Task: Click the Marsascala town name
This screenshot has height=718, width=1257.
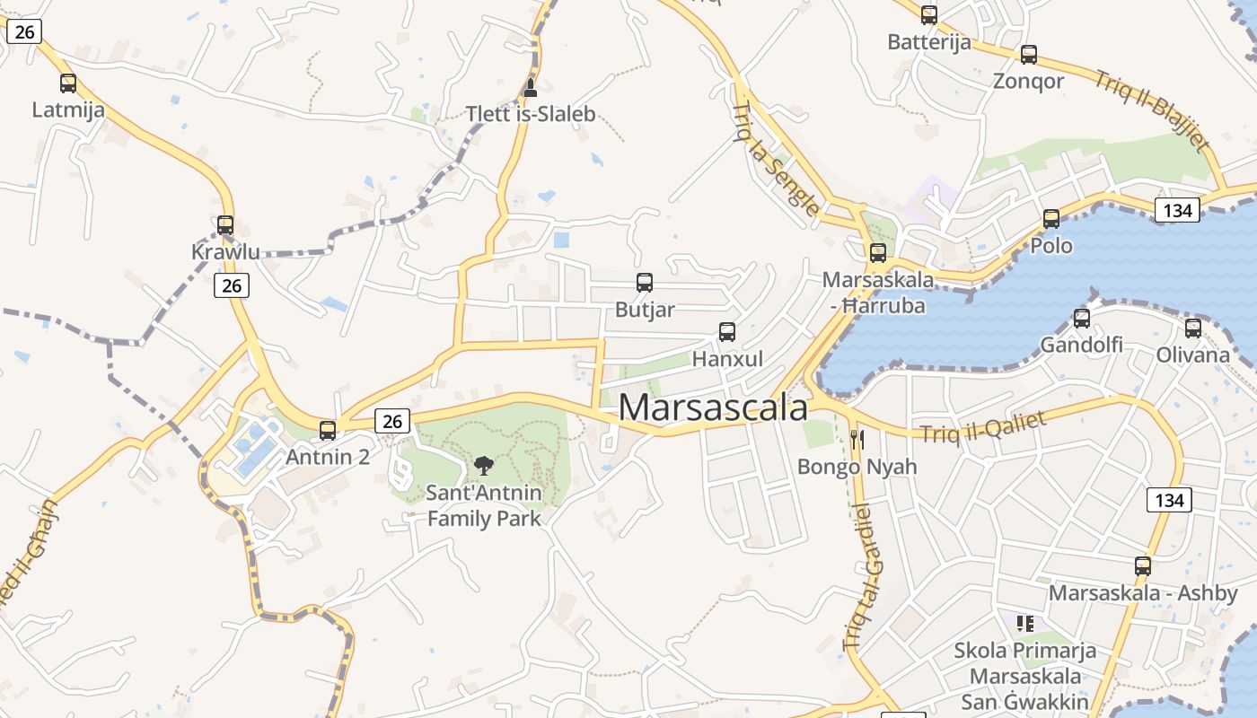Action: pyautogui.click(x=713, y=408)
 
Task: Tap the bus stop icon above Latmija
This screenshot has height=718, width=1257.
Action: pyautogui.click(x=68, y=83)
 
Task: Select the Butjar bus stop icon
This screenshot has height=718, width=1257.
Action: pyautogui.click(x=645, y=283)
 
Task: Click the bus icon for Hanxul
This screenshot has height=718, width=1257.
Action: pyautogui.click(x=727, y=332)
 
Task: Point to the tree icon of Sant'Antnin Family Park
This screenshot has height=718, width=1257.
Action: pyautogui.click(x=484, y=465)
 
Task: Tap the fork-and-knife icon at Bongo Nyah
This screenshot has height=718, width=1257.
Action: pyautogui.click(x=857, y=439)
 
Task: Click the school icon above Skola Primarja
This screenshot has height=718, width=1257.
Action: pyautogui.click(x=1025, y=623)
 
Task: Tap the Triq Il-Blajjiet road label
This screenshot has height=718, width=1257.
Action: pyautogui.click(x=1152, y=109)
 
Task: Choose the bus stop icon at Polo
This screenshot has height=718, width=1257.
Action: pyautogui.click(x=1051, y=218)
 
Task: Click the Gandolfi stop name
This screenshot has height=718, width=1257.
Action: pyautogui.click(x=1081, y=345)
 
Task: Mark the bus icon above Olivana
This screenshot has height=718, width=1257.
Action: pyautogui.click(x=1193, y=328)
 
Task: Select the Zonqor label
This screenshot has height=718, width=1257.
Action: pyautogui.click(x=1028, y=81)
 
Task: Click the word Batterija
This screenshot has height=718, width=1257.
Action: pyautogui.click(x=928, y=42)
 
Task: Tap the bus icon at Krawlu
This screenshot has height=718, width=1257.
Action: pyautogui.click(x=225, y=225)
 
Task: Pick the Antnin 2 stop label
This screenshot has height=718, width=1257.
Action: pyautogui.click(x=327, y=457)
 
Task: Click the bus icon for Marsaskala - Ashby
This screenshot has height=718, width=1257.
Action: pyautogui.click(x=1143, y=566)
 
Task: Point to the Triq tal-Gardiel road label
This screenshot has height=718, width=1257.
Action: pyautogui.click(x=858, y=577)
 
